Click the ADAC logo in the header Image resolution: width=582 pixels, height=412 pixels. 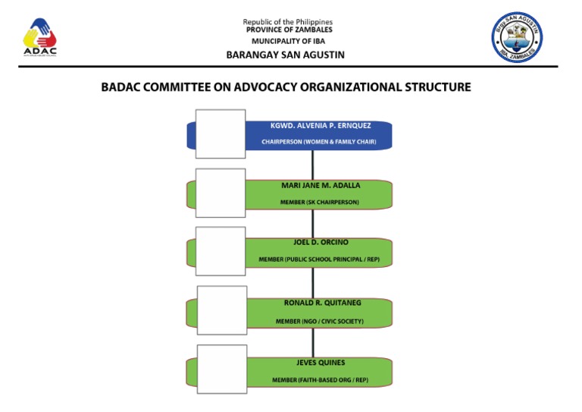tap(39, 37)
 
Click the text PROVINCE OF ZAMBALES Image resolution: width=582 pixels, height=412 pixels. tap(287, 30)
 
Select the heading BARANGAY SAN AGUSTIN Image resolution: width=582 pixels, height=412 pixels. tap(285, 55)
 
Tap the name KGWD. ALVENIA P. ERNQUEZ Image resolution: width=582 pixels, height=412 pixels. tap(321, 125)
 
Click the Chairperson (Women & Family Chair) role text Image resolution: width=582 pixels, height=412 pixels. tap(318, 142)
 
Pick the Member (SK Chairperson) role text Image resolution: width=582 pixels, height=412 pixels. tap(319, 202)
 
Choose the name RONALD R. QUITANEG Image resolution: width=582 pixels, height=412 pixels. tap(322, 303)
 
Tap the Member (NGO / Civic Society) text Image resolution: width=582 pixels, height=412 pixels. tap(319, 321)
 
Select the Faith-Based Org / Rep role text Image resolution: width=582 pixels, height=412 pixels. tap(320, 379)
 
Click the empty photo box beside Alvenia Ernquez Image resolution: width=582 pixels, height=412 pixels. tap(221, 134)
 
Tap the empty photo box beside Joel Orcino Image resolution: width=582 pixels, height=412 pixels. tap(221, 250)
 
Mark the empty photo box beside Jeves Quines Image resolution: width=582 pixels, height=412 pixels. tap(222, 369)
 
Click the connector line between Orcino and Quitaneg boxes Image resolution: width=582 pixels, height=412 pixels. tap(313, 282)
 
